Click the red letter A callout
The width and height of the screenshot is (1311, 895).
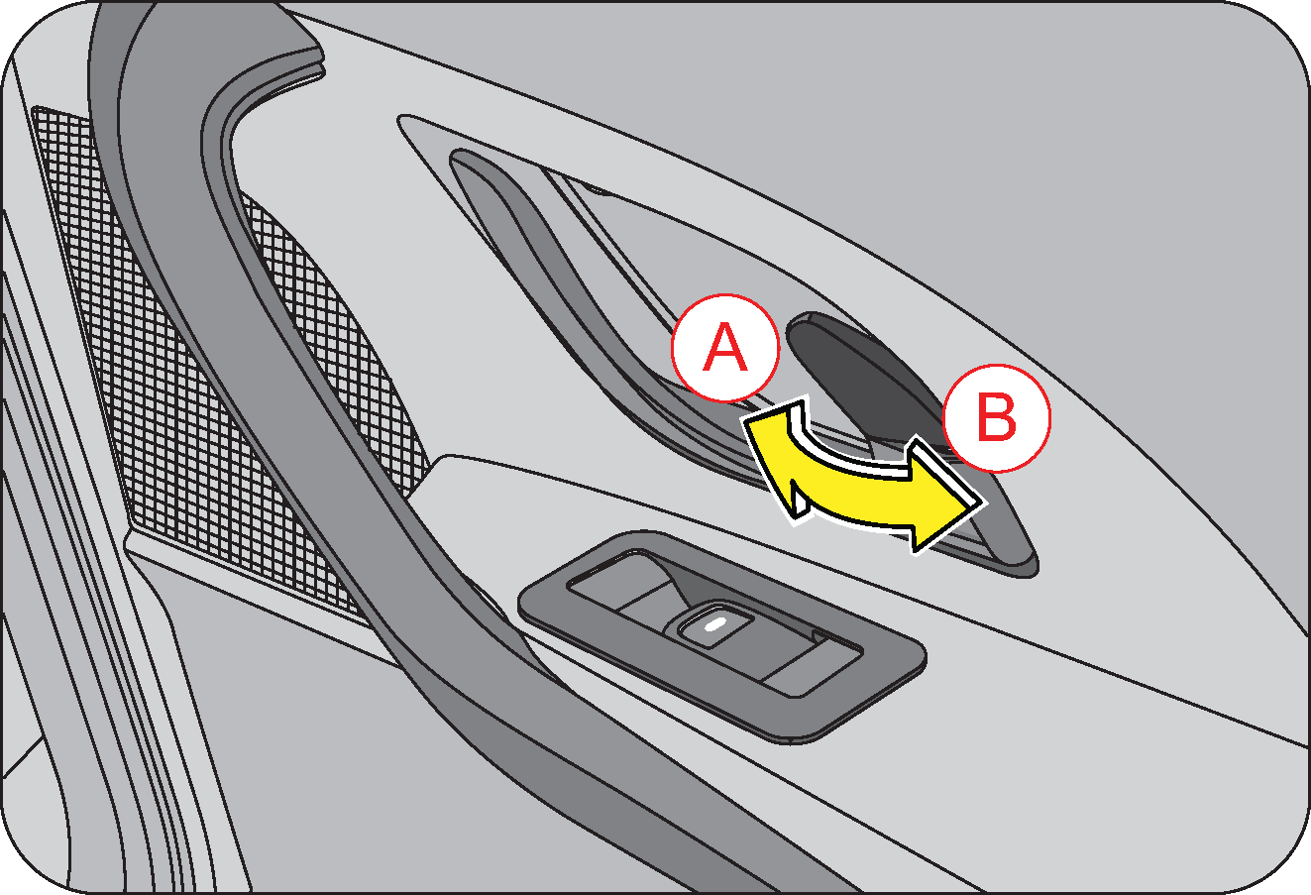pyautogui.click(x=725, y=348)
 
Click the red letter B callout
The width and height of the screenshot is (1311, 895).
pyautogui.click(x=997, y=418)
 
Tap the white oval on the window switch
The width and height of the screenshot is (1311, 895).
pyautogui.click(x=714, y=625)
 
